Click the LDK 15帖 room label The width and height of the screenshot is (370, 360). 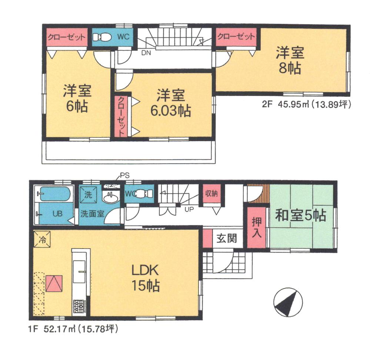coord(145,278)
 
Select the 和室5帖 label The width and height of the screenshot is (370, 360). coord(300,215)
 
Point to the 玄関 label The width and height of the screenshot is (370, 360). coord(226,238)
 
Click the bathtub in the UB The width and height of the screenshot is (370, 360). coord(54,194)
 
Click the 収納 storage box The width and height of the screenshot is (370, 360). coord(212,194)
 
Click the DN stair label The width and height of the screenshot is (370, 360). coord(146,53)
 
